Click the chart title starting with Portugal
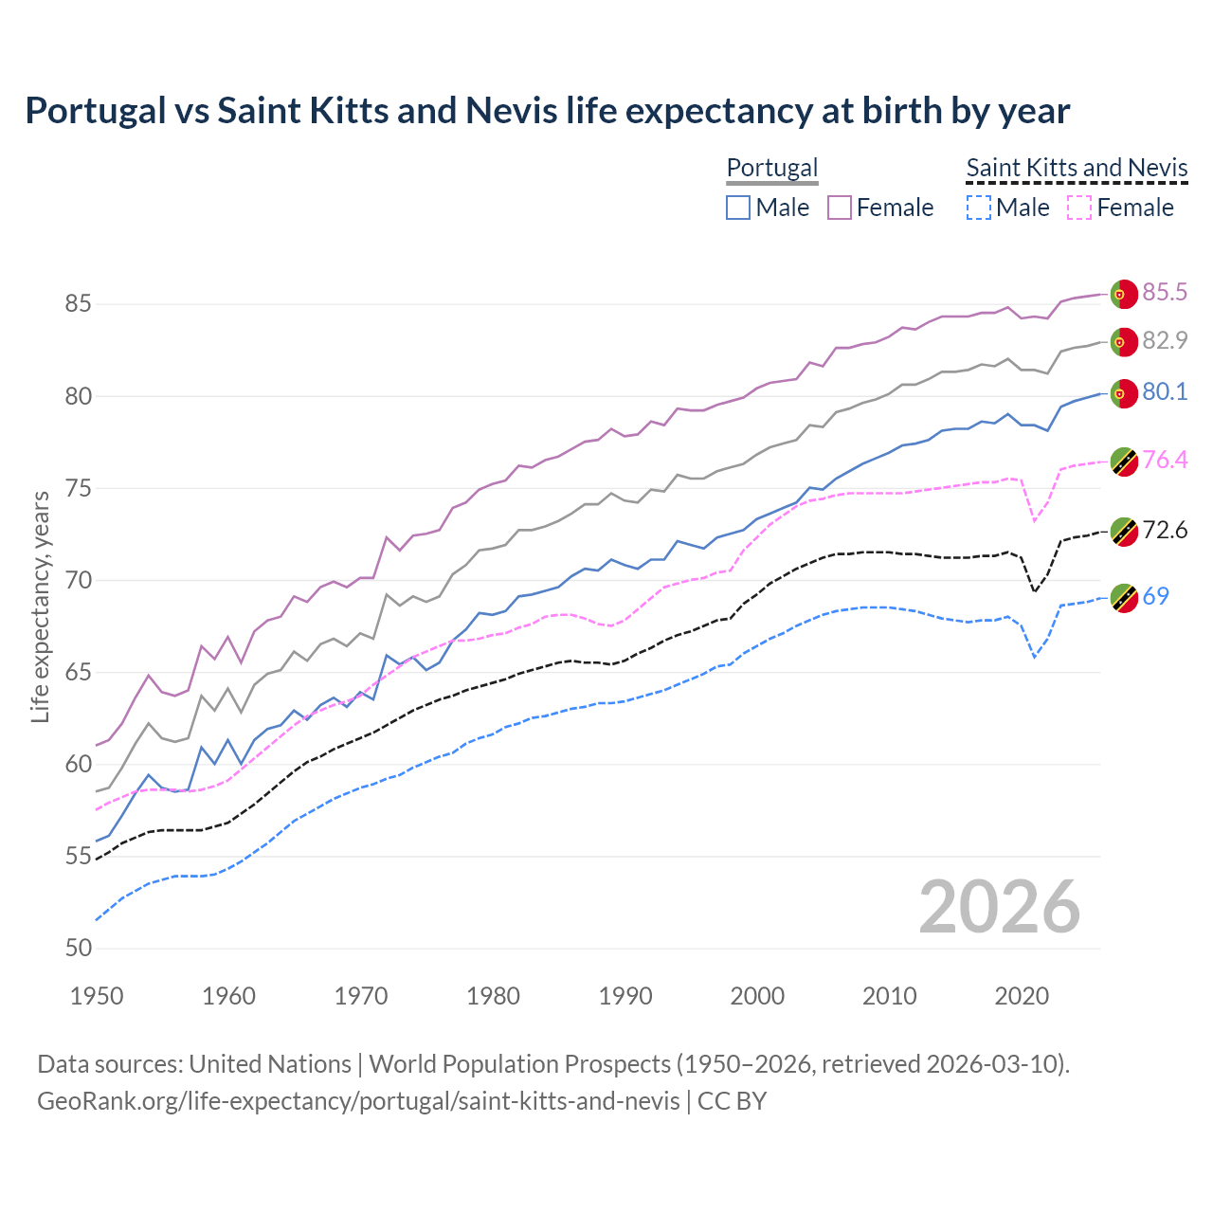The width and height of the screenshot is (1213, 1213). point(547,111)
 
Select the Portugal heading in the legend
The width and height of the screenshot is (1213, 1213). point(771,168)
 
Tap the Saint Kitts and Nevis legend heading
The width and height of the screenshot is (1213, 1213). point(1077,168)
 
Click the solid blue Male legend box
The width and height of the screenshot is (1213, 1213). point(738,208)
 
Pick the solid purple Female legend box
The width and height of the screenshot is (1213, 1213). point(840,208)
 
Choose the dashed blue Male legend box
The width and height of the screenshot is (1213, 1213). point(978,208)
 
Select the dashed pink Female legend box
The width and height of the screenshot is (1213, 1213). point(1079,208)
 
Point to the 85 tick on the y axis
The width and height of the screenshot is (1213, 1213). point(78,304)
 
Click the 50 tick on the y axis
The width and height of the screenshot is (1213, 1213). point(78,949)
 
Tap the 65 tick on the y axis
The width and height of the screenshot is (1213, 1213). point(78,673)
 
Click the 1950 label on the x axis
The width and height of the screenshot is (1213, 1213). point(97,996)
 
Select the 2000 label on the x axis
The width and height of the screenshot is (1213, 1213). point(757,996)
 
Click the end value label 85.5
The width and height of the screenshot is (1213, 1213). point(1165,292)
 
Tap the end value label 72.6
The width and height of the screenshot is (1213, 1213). point(1165,530)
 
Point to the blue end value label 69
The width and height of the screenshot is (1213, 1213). point(1155,596)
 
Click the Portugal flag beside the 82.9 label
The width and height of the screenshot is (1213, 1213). point(1123,342)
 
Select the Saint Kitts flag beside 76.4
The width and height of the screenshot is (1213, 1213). point(1123,462)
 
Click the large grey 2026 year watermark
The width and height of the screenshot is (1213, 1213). point(999,907)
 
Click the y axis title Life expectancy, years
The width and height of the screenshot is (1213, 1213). point(40,606)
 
